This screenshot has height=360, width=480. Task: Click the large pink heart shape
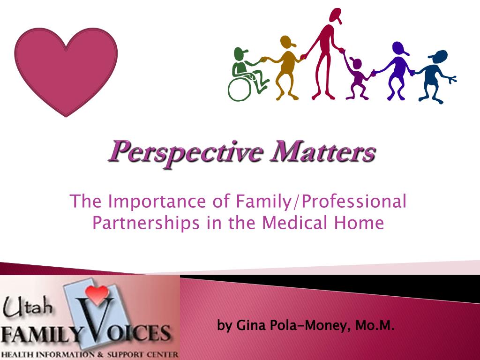[x=66, y=68]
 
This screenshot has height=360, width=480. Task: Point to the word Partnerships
[x=146, y=223]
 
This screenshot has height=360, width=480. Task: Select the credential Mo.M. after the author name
[x=375, y=325]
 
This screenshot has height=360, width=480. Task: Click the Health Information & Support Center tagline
[x=89, y=353]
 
